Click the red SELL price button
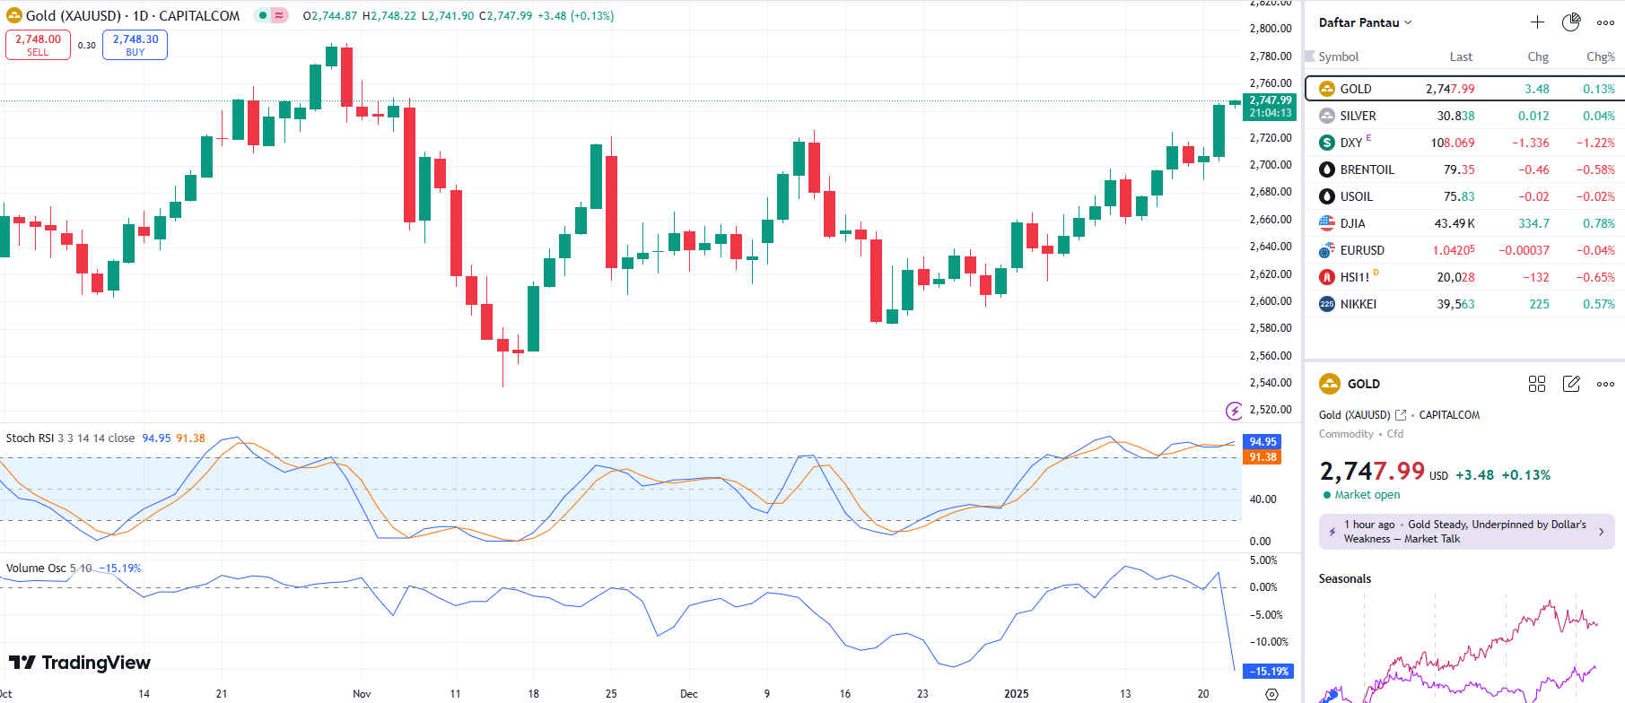(x=38, y=45)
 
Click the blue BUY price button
(x=135, y=45)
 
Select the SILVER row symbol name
(x=1358, y=116)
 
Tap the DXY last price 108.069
(x=1452, y=143)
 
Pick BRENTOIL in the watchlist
(x=1367, y=169)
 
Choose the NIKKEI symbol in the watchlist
(x=1358, y=304)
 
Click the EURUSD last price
(x=1453, y=250)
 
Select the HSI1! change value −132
(x=1535, y=277)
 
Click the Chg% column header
(x=1600, y=56)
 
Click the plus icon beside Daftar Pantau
(x=1537, y=22)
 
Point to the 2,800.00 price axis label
(x=1271, y=29)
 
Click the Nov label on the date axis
(x=362, y=693)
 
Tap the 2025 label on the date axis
(x=1017, y=693)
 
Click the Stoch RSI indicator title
(x=30, y=438)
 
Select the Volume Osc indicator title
(x=36, y=568)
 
